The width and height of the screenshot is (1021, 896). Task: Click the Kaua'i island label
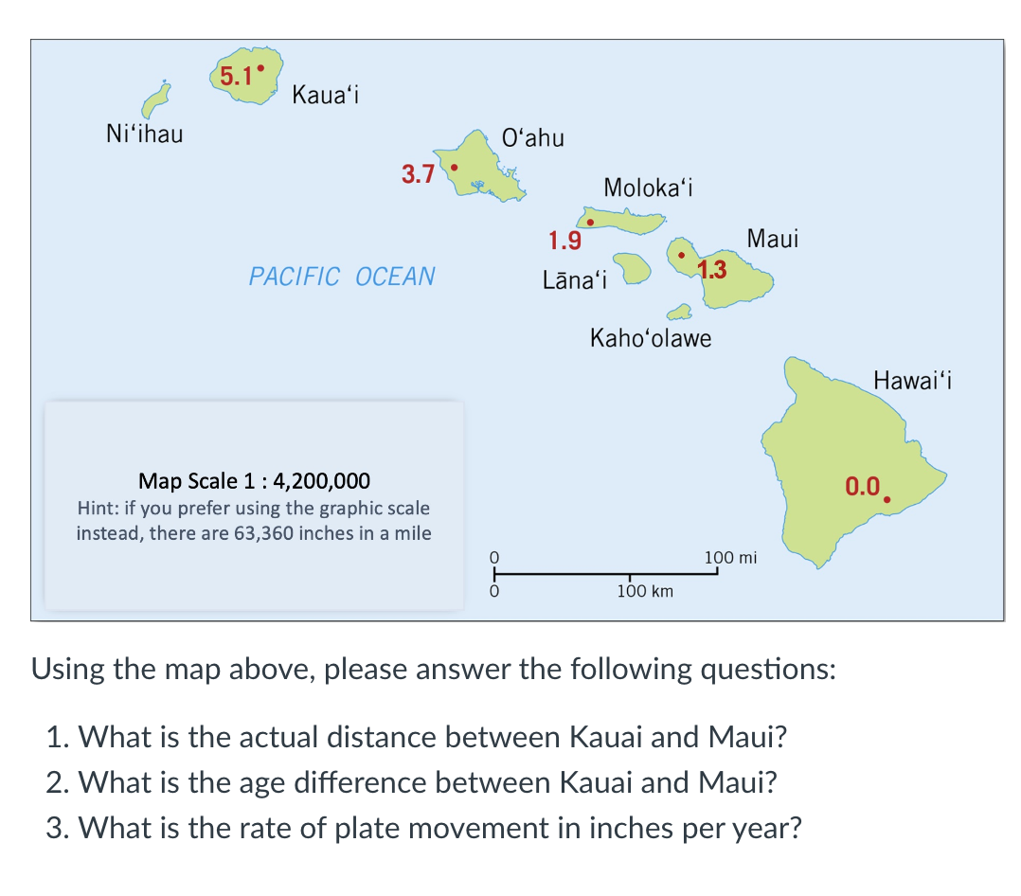point(324,95)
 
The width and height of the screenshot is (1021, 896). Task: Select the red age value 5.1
point(235,76)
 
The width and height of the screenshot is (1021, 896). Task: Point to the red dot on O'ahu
point(454,168)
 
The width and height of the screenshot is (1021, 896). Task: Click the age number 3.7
point(418,174)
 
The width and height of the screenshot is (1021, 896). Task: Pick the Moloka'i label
point(649,188)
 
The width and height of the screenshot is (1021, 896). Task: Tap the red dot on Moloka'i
point(590,223)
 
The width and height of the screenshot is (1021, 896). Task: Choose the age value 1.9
point(565,241)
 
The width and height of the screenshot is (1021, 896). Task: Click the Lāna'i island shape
point(631,266)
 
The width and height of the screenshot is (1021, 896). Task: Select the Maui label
point(773,239)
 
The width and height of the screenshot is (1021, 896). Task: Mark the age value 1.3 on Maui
point(712,269)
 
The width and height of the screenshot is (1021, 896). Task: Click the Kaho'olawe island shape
point(678,312)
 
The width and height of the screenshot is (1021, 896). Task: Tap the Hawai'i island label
point(912,382)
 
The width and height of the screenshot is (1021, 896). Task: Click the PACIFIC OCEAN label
point(342,277)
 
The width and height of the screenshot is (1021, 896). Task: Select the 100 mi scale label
point(730,557)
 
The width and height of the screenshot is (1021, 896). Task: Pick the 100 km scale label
point(645,592)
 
